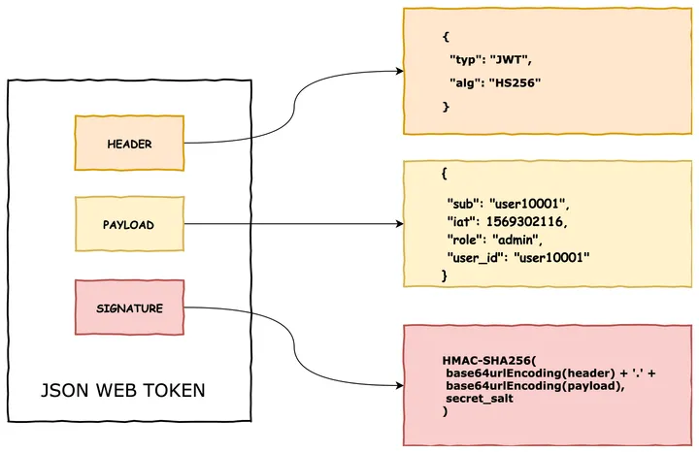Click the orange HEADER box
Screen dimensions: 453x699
130,143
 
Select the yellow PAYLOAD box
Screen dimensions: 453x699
130,225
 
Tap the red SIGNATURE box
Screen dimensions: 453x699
130,308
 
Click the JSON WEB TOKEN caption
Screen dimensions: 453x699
122,391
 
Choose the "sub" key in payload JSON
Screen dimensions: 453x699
463,205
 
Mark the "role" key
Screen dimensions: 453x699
465,239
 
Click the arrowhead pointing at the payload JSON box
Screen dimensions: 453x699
398,225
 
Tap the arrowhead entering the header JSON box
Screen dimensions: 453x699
398,72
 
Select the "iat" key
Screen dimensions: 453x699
462,222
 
